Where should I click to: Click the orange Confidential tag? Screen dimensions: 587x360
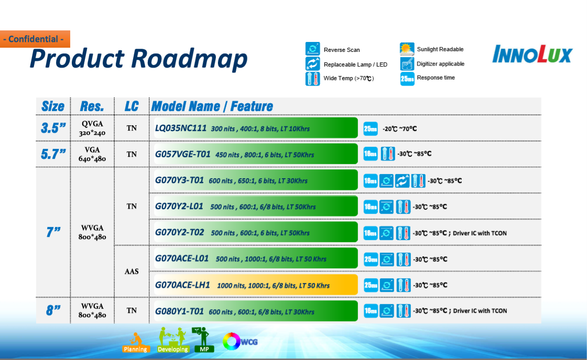coord(35,39)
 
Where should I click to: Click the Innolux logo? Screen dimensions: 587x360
coord(532,54)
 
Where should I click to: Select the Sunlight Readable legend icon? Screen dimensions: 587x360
coord(407,49)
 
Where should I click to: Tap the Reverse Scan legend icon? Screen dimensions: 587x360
coord(312,49)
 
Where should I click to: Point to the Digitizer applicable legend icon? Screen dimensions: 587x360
coord(407,63)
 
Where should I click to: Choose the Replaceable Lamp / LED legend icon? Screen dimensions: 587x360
coord(312,63)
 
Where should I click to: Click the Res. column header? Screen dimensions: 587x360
coord(92,106)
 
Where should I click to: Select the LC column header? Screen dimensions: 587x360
coord(132,106)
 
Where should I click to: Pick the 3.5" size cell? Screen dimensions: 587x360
coord(53,128)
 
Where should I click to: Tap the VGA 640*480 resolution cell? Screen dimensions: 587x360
coord(92,154)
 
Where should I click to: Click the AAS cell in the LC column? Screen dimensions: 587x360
coord(132,271)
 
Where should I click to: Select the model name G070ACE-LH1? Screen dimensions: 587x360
coord(182,285)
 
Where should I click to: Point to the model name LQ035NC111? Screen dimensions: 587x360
coord(180,128)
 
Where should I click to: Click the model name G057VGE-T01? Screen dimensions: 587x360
coord(182,154)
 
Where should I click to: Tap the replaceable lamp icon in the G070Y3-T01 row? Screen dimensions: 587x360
coord(402,181)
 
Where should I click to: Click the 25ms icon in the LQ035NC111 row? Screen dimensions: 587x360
coord(371,129)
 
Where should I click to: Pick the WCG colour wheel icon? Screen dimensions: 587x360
coord(232,341)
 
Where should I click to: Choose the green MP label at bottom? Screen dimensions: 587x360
coord(204,349)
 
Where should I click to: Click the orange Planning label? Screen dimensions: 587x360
coord(136,349)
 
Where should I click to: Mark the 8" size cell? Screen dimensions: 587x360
coord(53,310)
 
